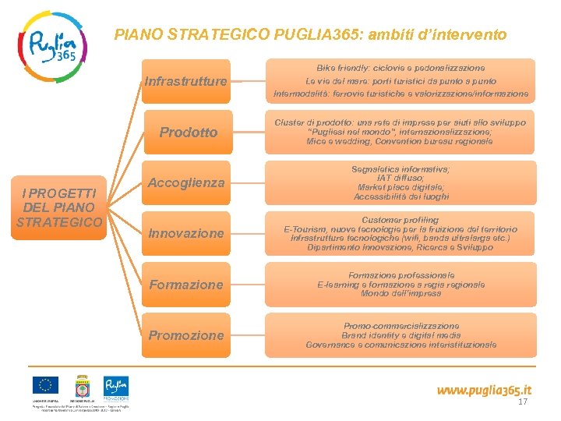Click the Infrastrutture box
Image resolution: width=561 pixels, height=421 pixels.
point(186,81)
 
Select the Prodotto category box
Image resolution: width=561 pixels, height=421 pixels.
point(188,132)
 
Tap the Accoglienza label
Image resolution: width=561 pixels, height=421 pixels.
point(186,182)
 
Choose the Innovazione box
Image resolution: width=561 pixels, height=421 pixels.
point(186,233)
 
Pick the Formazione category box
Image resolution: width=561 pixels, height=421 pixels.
point(186,285)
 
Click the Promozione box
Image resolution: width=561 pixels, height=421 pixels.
point(186,335)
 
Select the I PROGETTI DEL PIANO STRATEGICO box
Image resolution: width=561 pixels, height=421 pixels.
point(59,207)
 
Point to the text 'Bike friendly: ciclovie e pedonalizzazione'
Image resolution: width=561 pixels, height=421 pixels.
point(400,69)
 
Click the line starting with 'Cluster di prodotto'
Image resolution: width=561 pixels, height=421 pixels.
point(400,122)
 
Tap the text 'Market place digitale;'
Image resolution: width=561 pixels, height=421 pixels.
point(400,187)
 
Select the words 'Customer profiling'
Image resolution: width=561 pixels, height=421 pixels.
point(400,220)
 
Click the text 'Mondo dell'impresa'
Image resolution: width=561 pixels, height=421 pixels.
point(400,294)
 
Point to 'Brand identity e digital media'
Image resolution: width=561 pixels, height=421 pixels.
point(400,335)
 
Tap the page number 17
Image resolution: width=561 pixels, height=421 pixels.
point(523,402)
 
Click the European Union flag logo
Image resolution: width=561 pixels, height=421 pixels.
point(45,385)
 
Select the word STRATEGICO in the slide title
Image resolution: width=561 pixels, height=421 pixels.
point(209,34)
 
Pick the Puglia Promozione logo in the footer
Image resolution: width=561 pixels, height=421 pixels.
point(116,387)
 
